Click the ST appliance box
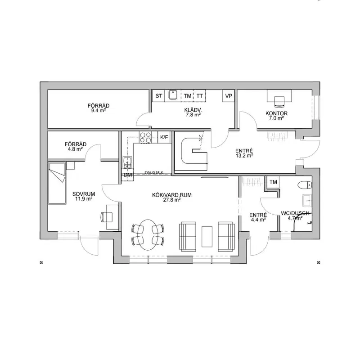click(x=158, y=96)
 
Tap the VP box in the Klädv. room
click(x=229, y=96)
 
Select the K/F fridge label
click(x=164, y=137)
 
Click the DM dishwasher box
click(x=127, y=175)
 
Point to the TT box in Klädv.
click(x=199, y=96)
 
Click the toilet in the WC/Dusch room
click(x=305, y=185)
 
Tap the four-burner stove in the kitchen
click(x=145, y=137)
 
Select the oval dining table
click(x=148, y=235)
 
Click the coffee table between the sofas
click(x=207, y=237)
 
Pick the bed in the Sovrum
click(x=57, y=183)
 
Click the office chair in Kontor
click(x=279, y=101)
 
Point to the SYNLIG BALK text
click(x=154, y=172)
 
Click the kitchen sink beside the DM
click(x=127, y=162)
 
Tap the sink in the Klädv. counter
click(x=173, y=95)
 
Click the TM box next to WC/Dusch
click(x=273, y=182)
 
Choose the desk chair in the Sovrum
click(x=107, y=217)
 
